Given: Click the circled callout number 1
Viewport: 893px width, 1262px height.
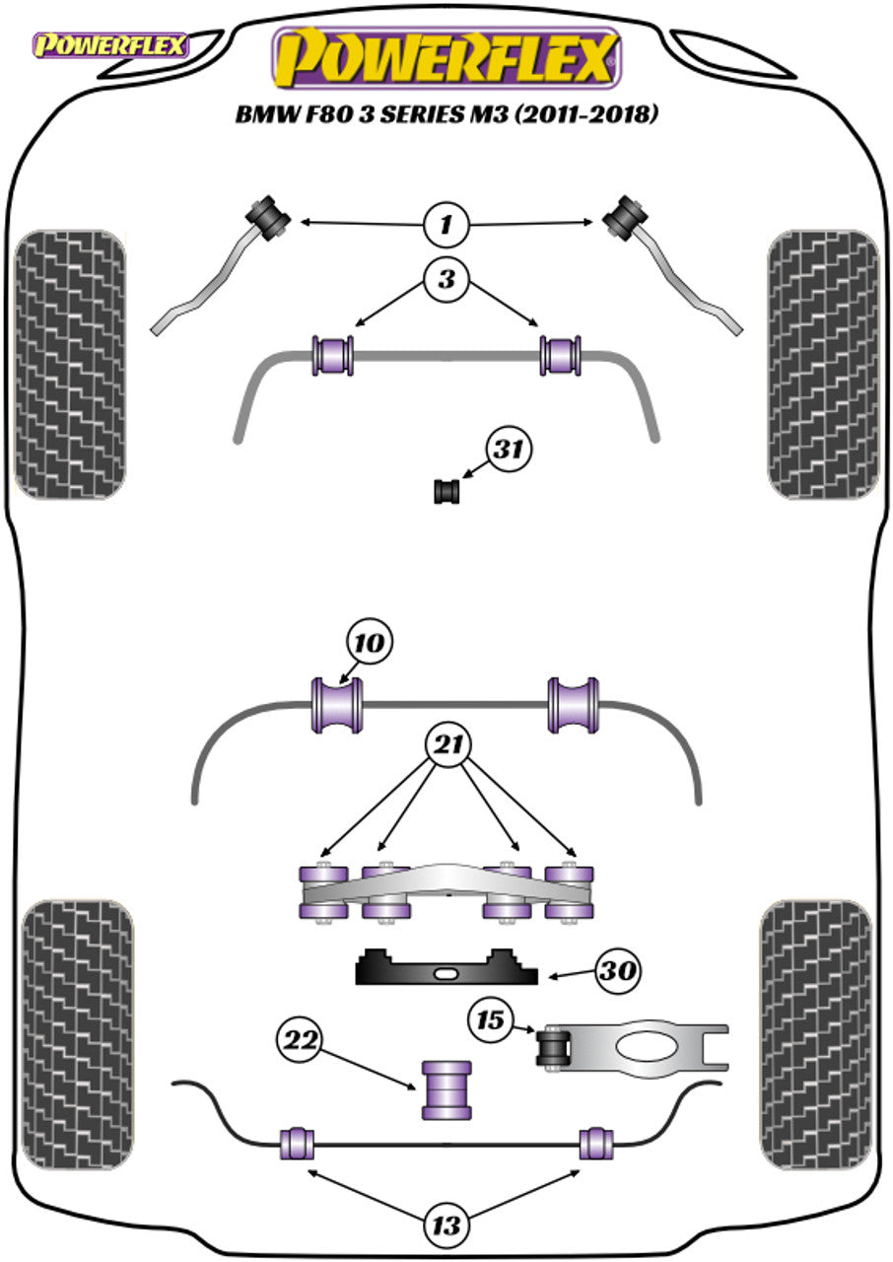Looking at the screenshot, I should point(446,226).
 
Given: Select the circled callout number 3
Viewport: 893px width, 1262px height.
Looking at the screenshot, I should point(446,280).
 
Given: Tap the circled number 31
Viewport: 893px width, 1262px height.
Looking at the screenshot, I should point(508,452).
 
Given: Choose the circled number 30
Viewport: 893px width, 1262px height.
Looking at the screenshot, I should point(617,972).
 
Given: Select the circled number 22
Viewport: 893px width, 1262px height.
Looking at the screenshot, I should point(303,1038).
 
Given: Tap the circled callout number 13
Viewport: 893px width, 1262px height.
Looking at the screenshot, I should point(446,1226).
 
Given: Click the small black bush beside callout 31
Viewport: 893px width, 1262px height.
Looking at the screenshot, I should point(448,489).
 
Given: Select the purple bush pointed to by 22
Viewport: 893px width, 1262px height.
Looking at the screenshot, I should point(446,1089).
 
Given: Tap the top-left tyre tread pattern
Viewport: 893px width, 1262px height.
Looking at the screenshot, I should point(70,364).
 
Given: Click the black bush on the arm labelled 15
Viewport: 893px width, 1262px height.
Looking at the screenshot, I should point(555,1047).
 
